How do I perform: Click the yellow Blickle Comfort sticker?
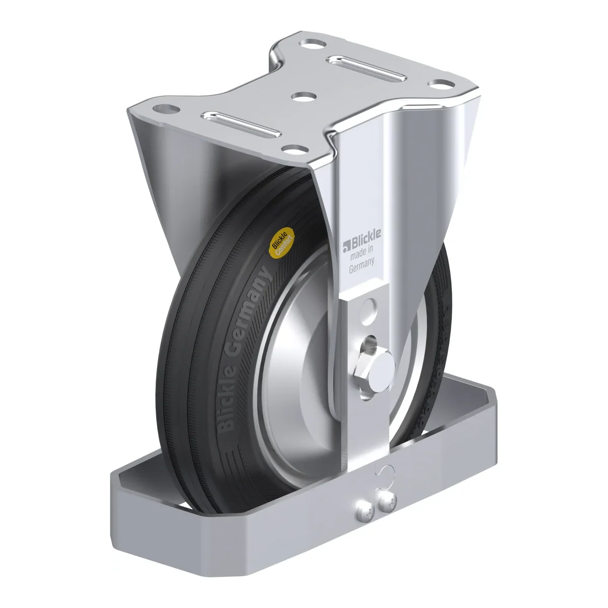pos(281,241)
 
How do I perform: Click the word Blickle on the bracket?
pos(366,237)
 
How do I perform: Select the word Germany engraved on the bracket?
pos(362,265)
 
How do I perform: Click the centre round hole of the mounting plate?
pos(304,97)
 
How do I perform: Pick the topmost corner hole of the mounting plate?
pos(313,43)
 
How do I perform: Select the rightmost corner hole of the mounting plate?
pos(441,84)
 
